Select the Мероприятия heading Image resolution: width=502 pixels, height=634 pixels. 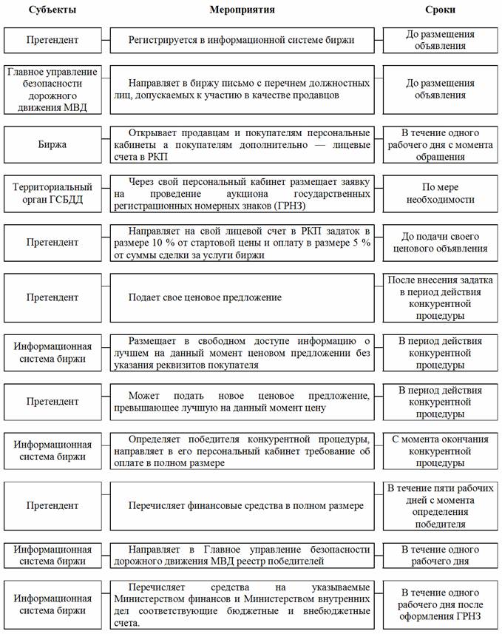pyautogui.click(x=247, y=10)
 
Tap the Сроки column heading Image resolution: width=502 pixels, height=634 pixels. pyautogui.click(x=441, y=10)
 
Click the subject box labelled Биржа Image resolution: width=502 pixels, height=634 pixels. pyautogui.click(x=53, y=144)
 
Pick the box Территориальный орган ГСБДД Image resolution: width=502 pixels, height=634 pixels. pyautogui.click(x=53, y=194)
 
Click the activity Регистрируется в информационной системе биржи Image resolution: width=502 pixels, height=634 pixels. pyautogui.click(x=242, y=40)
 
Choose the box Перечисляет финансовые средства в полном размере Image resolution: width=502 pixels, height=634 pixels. pyautogui.click(x=246, y=505)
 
